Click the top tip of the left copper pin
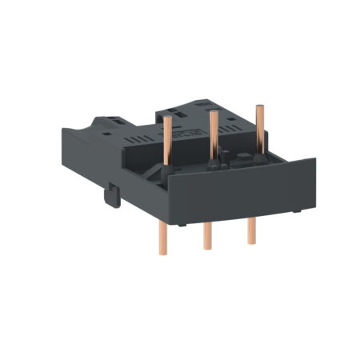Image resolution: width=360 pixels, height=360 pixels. click(169, 117)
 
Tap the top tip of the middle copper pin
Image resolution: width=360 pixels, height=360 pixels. click(214, 113)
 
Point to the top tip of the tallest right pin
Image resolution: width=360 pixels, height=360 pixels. click(258, 106)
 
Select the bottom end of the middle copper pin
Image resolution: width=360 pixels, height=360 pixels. click(208, 246)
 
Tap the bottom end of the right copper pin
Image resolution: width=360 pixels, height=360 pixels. click(251, 241)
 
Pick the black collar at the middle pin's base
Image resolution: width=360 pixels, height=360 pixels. click(213, 164)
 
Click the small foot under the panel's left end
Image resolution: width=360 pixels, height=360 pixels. click(183, 225)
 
